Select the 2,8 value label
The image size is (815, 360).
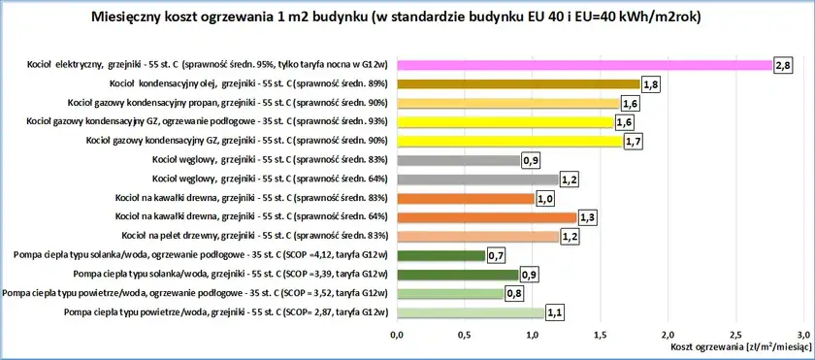point(784,65)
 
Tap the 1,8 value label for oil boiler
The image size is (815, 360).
point(651,84)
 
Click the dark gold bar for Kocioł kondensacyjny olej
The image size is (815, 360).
point(518,84)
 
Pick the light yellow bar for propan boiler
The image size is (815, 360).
point(506,103)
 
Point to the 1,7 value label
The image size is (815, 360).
point(636,141)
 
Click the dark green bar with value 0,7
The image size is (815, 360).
point(440,255)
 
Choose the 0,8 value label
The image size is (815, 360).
point(516,293)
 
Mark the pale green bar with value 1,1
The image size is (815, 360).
point(471,311)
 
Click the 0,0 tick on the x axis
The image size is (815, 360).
point(396,334)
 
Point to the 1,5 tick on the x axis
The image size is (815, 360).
point(600,334)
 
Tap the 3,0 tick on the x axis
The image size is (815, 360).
point(802,334)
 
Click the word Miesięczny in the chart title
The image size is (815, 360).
point(134,16)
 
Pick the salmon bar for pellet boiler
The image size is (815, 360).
point(477,236)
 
